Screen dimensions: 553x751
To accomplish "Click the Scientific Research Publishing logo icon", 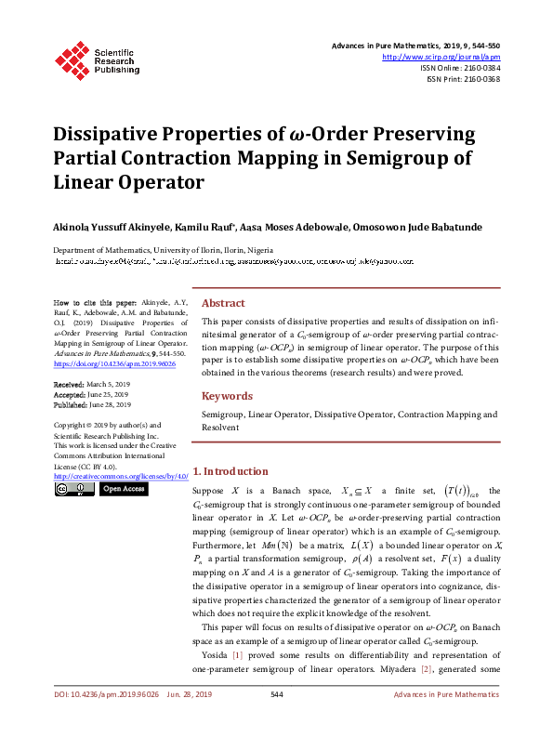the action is tap(70, 59).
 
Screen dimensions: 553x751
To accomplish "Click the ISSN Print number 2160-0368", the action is tap(479, 79).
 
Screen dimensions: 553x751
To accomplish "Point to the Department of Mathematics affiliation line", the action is tap(163, 251).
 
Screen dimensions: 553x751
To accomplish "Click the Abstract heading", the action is tap(223, 303).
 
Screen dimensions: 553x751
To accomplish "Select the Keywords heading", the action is tap(227, 396).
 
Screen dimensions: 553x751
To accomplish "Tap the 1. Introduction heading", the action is tap(230, 471).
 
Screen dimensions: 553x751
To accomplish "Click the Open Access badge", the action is tap(124, 489).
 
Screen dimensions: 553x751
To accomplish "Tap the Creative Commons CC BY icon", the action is tap(73, 489).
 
